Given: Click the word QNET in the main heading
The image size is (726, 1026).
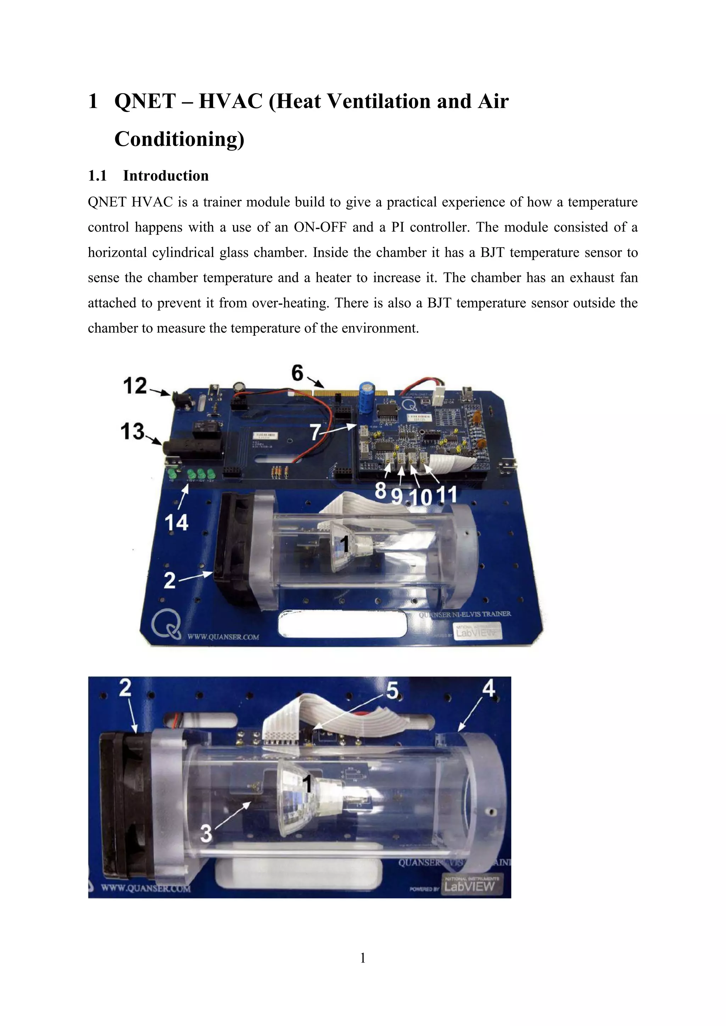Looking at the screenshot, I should click(145, 101).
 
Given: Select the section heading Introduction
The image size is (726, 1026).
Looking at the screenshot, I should click(166, 176).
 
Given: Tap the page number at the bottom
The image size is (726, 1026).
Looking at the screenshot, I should click(363, 958).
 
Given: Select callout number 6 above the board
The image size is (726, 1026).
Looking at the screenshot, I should click(298, 373).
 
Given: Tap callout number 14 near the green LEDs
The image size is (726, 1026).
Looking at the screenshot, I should click(177, 522).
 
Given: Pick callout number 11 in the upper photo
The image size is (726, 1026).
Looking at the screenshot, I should click(447, 494).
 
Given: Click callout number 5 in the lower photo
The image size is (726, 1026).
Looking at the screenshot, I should click(392, 690).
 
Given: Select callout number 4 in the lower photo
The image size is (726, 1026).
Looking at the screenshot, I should click(488, 688).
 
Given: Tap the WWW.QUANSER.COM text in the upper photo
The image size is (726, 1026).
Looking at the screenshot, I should click(223, 637).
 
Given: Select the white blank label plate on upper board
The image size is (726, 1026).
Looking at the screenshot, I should click(342, 624).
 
